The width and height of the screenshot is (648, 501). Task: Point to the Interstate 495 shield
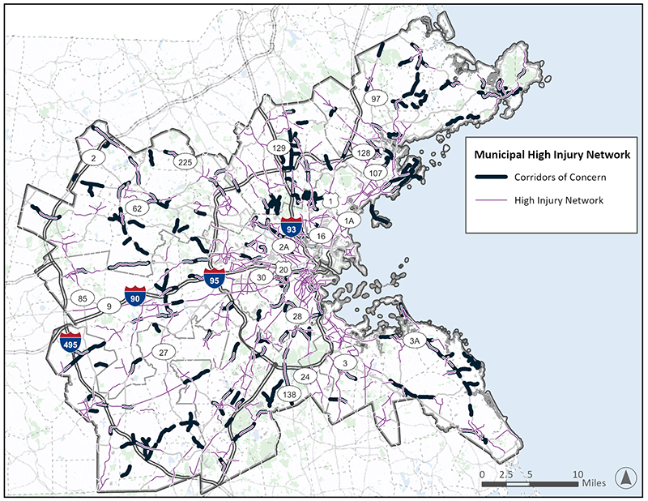(70, 344)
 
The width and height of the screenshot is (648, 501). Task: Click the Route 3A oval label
(415, 342)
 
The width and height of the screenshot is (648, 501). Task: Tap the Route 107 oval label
(374, 173)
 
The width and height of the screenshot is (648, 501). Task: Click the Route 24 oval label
(305, 377)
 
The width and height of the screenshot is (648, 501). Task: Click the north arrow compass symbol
(625, 477)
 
